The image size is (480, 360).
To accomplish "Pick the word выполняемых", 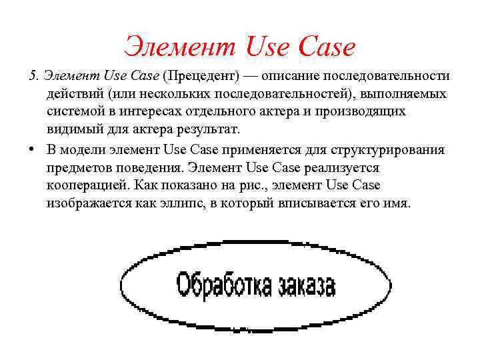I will [x=401, y=94].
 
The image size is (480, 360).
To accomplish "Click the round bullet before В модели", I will [x=32, y=149].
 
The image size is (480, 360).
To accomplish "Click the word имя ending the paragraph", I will [x=397, y=201].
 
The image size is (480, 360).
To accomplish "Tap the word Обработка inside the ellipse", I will [x=224, y=285].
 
